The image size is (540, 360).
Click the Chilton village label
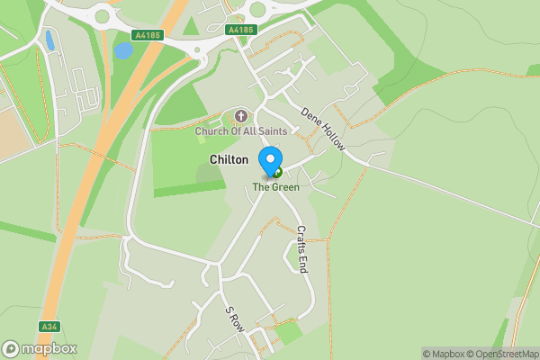pyautogui.click(x=229, y=159)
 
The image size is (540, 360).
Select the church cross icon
pyautogui.click(x=241, y=116)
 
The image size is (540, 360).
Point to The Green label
pyautogui.click(x=275, y=187)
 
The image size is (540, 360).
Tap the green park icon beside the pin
pyautogui.click(x=277, y=173)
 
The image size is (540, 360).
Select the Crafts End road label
pyautogui.click(x=302, y=248)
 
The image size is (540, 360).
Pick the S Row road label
pyautogui.click(x=235, y=318)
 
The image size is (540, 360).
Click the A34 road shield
pyautogui.click(x=49, y=327)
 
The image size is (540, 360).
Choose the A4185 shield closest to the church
pyautogui.click(x=241, y=30)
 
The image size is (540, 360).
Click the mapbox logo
pyautogui.click(x=40, y=348)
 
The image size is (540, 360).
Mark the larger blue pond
pyautogui.click(x=123, y=50)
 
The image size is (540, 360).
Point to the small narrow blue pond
pyautogui.click(x=49, y=40)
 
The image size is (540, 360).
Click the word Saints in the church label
pyautogui.click(x=270, y=132)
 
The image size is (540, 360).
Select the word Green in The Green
pyautogui.click(x=285, y=187)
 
